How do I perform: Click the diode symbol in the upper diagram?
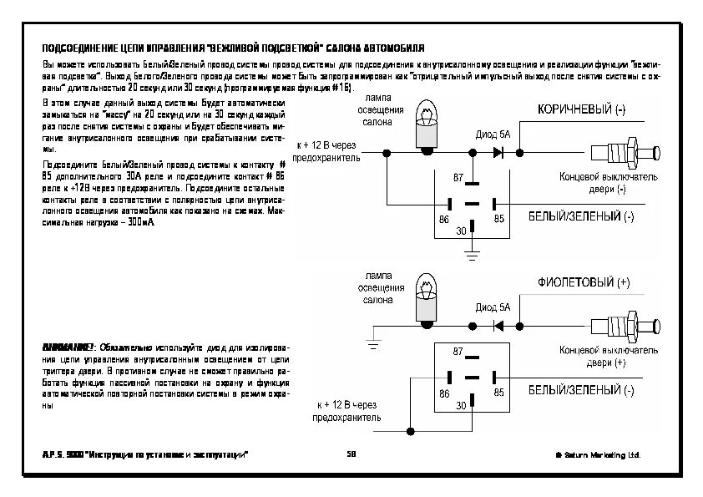pos(498,153)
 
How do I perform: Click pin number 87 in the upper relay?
pos(458,179)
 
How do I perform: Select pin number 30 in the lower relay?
pos(461,405)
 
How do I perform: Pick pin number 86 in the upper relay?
pos(444,219)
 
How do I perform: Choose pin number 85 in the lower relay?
pos(499,392)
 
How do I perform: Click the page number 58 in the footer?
pos(351,454)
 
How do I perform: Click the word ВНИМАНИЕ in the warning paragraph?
pos(67,347)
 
